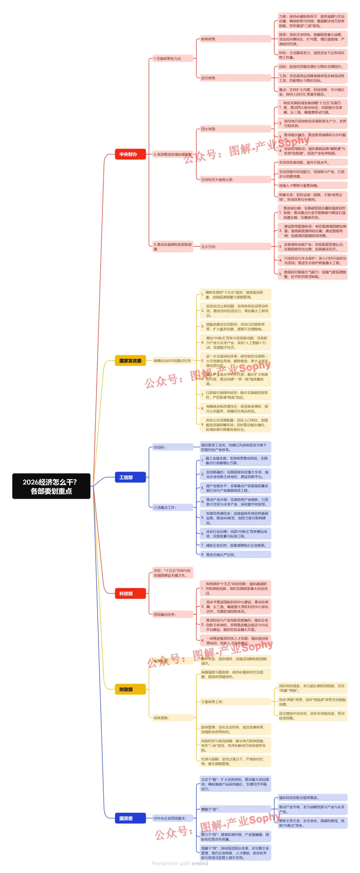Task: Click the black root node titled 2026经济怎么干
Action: [51, 486]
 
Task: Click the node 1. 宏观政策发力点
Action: [173, 59]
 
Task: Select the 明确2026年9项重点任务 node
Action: [173, 361]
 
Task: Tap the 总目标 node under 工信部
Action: [173, 447]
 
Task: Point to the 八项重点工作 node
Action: [173, 507]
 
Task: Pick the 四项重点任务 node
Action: [173, 614]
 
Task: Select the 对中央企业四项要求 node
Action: [173, 818]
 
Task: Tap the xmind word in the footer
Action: [200, 863]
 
